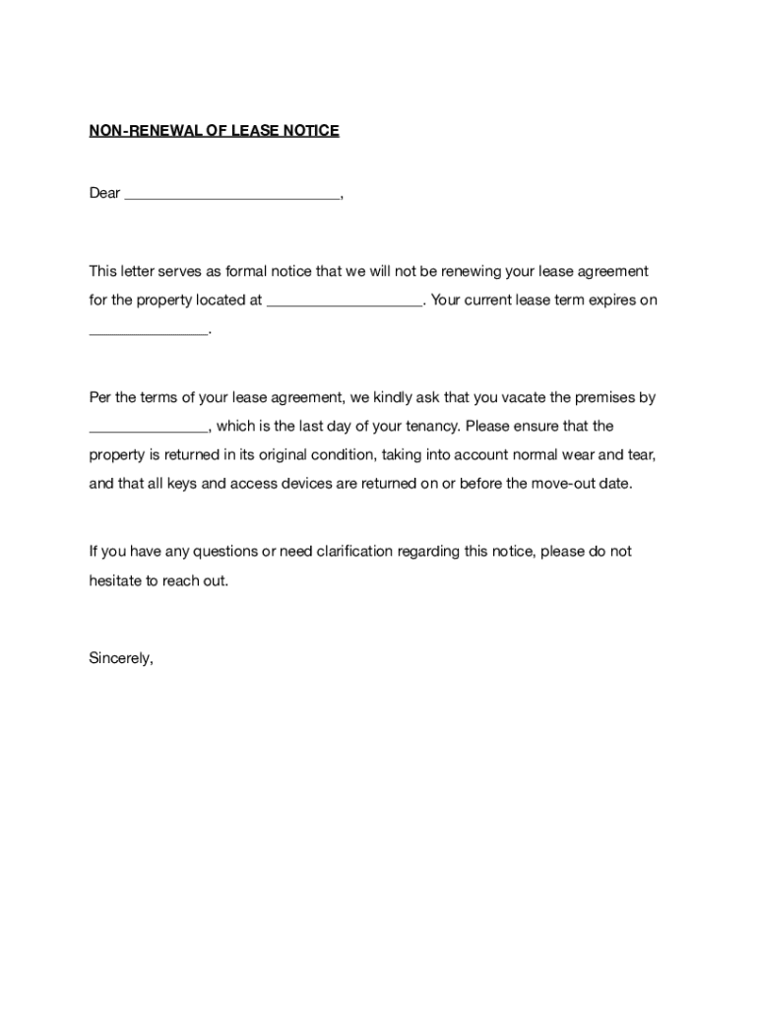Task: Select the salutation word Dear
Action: [104, 193]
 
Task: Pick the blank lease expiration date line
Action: [149, 333]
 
